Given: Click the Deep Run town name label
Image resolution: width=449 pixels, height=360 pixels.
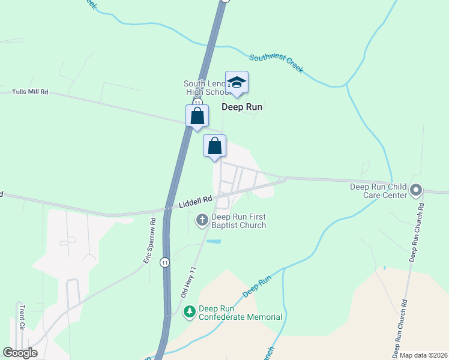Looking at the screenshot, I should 243,107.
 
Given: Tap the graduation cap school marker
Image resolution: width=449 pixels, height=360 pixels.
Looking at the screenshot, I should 237,83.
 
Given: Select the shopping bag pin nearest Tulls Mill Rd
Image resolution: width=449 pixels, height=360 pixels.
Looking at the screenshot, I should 197,116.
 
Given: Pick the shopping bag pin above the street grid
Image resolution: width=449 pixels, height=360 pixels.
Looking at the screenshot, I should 214,146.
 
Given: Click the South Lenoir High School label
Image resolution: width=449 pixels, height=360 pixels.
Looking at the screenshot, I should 206,88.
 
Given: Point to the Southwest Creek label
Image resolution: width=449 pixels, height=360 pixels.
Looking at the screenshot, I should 277,62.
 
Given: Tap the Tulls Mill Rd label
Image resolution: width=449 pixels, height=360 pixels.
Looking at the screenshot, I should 30,92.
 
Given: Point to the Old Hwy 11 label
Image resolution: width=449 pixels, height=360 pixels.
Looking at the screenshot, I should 188,284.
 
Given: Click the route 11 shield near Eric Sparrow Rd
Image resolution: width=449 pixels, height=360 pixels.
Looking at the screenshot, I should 164,262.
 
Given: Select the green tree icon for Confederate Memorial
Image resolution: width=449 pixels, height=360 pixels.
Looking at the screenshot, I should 190,312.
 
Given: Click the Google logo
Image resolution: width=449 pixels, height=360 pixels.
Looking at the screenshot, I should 20,353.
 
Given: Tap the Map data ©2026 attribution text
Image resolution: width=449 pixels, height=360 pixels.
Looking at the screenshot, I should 423,355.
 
